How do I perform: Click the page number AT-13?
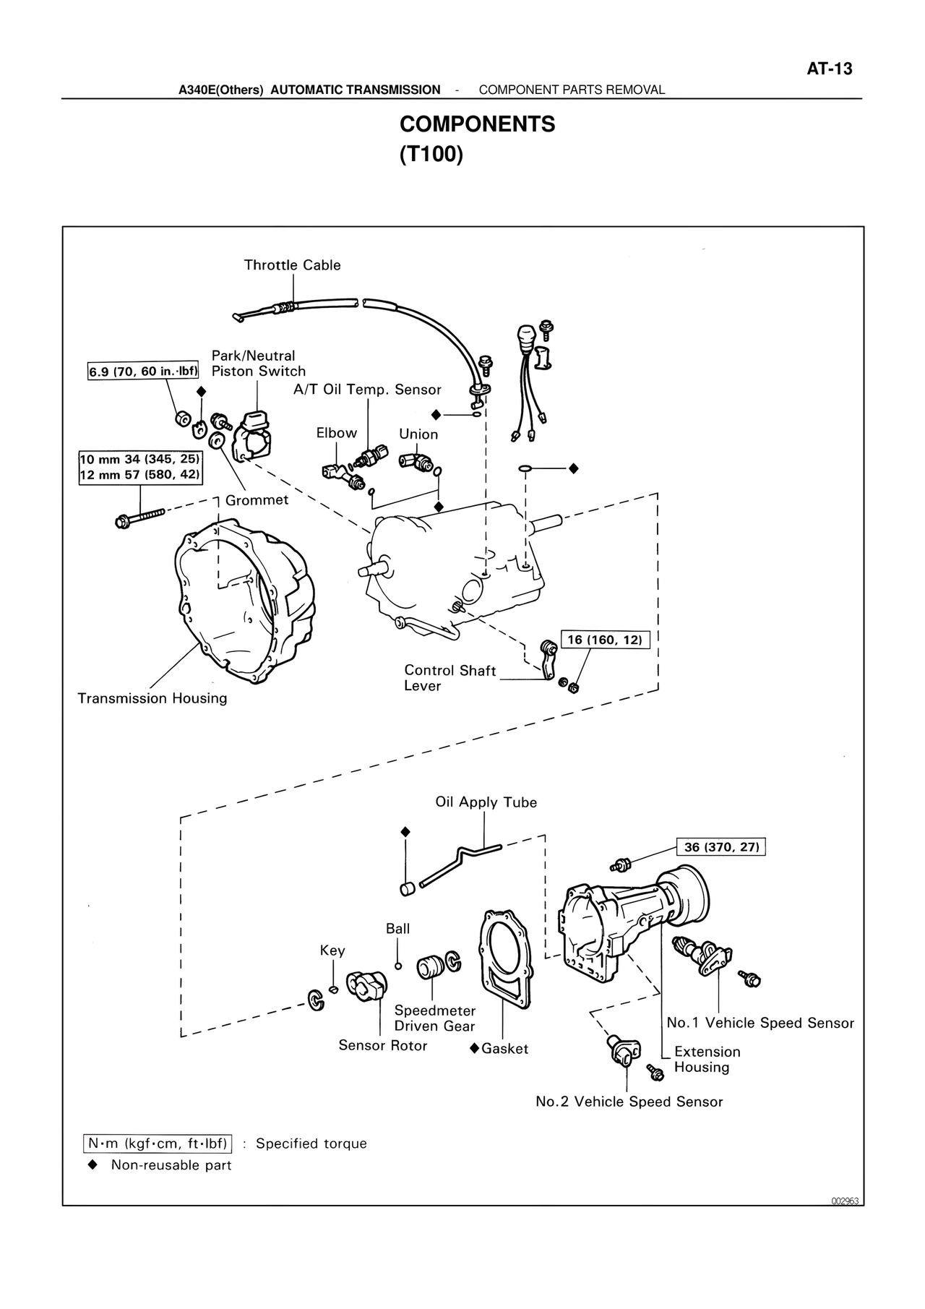(829, 69)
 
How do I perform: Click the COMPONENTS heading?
(477, 124)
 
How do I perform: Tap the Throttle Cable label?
(292, 265)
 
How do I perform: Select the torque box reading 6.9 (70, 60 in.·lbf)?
(144, 372)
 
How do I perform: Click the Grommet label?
(257, 500)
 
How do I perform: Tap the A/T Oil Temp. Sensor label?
(367, 390)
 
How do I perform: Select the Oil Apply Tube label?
(486, 802)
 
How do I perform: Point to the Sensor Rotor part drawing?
(366, 987)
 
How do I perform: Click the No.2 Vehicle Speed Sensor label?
(629, 1102)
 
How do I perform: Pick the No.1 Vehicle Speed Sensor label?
(760, 1023)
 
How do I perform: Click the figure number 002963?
(843, 1201)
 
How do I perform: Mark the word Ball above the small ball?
(397, 929)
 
